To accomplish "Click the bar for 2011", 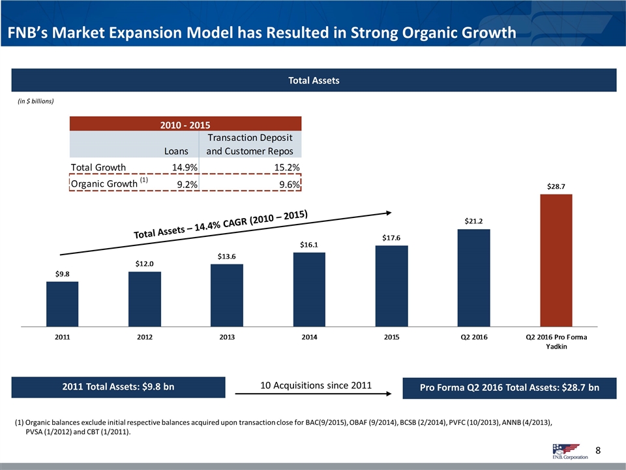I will (62, 304).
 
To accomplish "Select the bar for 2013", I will (227, 295).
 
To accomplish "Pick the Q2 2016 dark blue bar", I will (473, 277).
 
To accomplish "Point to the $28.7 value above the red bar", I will (556, 186).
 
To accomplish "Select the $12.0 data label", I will (145, 264).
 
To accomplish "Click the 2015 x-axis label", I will (391, 337).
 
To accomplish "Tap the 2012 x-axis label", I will (145, 337).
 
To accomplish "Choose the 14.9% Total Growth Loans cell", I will (185, 167).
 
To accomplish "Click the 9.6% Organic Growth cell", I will (287, 185).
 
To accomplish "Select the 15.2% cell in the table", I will (287, 167).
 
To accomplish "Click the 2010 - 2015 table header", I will (185, 123).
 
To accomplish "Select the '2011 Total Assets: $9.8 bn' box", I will (119, 387).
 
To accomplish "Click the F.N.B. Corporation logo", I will (565, 450).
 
